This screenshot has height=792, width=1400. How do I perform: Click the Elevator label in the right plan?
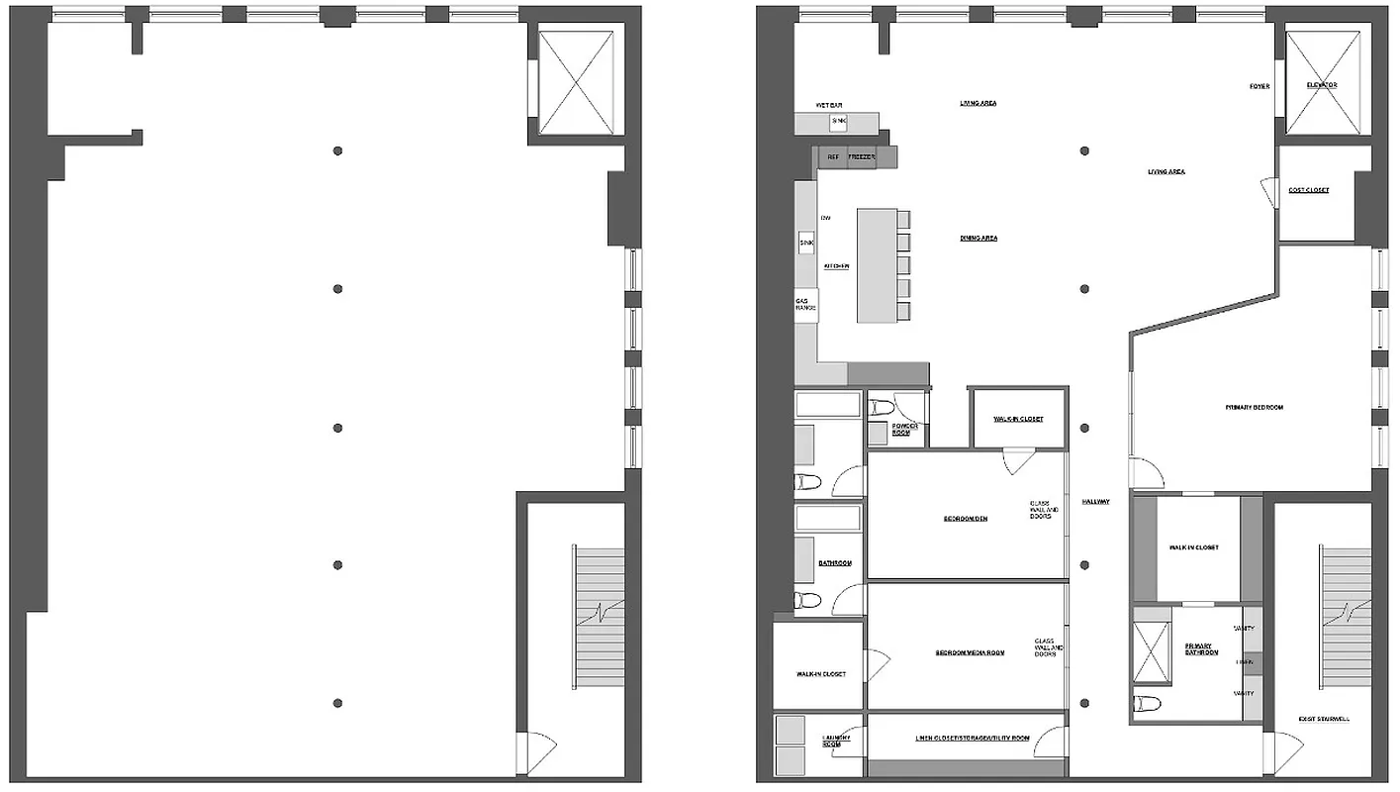point(1322,85)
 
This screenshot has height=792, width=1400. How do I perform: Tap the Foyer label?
point(1260,86)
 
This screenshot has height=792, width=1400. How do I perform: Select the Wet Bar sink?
point(839,122)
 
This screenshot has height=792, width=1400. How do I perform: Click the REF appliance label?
point(833,157)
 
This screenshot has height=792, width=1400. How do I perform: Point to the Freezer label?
point(862,157)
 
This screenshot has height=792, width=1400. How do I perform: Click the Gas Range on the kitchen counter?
point(805,305)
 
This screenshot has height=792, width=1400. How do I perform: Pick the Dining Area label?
point(979,239)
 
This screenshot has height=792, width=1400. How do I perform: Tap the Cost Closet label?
point(1309,190)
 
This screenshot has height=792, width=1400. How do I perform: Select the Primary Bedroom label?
point(1254,407)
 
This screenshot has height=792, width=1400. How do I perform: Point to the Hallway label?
point(1095,502)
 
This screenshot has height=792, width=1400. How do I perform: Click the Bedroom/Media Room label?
point(970,652)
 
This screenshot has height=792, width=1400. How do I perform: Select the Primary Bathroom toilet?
point(1149,704)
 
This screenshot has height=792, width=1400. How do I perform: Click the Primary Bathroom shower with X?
point(1152,651)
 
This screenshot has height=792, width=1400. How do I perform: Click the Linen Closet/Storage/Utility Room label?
point(972,739)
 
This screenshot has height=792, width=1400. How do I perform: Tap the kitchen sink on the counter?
point(805,242)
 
